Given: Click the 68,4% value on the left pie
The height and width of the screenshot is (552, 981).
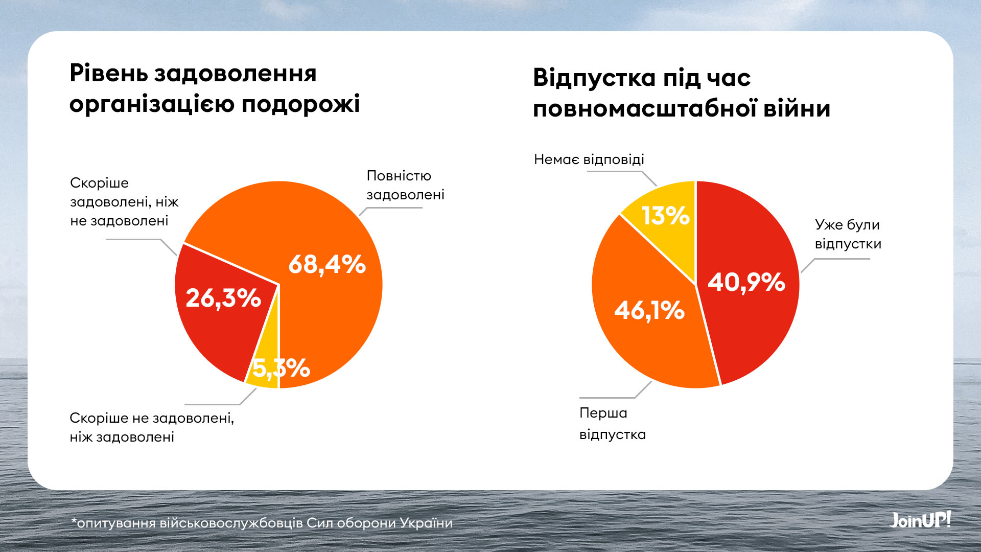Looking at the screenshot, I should [327, 265].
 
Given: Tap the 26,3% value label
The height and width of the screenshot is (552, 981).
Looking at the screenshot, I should [223, 298].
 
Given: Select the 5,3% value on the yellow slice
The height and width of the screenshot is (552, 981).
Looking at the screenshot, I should [281, 368].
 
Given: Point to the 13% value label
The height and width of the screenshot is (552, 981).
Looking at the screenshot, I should [665, 216].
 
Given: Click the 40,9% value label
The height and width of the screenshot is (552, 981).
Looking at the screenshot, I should [746, 282].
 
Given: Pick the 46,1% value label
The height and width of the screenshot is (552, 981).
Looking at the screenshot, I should [649, 310].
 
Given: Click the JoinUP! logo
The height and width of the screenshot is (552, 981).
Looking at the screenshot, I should [920, 520].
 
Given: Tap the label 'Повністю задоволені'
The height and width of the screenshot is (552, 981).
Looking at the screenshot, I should [405, 185].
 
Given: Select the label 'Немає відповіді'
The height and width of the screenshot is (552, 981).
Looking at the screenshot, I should [589, 159].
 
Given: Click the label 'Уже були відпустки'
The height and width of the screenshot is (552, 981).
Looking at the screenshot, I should [848, 234].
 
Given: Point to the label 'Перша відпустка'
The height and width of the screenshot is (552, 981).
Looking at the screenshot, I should [612, 424].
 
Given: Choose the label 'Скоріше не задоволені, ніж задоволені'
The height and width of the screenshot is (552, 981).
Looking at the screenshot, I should [152, 427].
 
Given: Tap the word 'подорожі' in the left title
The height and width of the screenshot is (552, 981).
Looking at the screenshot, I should [300, 104].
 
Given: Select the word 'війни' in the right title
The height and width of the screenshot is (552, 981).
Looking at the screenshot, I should [797, 109].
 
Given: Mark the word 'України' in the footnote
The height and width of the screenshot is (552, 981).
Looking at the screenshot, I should [426, 523].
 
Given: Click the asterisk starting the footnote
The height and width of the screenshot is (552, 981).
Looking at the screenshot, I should [74, 521].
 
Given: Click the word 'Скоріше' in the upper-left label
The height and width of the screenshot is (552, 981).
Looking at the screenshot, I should [99, 183].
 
